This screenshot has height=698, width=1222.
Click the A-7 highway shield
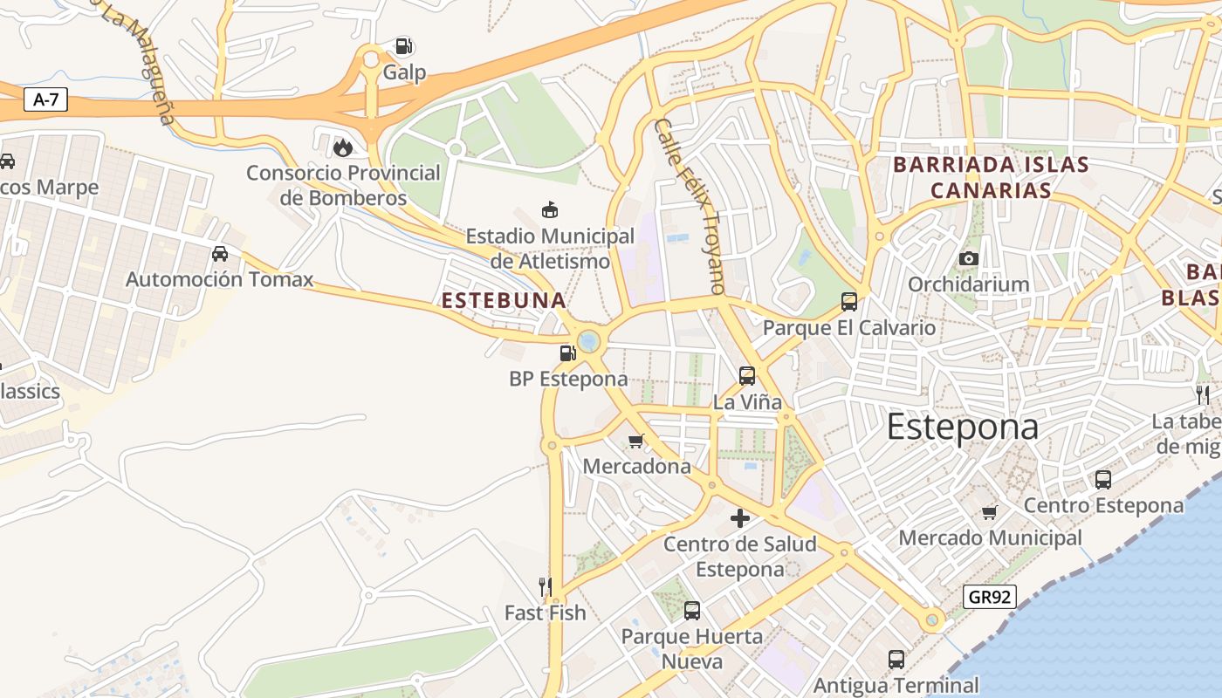[45, 100]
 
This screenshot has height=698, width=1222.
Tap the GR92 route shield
[991, 597]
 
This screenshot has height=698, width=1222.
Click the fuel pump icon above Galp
[403, 46]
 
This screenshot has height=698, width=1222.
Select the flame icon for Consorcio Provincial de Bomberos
[343, 147]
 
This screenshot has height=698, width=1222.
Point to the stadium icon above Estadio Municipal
[550, 209]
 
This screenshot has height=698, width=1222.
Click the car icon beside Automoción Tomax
[220, 254]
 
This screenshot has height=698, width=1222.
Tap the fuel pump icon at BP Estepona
[568, 352]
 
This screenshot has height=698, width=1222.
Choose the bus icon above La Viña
[747, 376]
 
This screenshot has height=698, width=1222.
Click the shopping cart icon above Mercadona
[636, 441]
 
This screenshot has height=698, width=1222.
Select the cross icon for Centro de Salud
[740, 518]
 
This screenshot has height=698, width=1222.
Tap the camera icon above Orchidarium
[968, 258]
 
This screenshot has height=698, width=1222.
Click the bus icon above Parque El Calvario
[848, 302]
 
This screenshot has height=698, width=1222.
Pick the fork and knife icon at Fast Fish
[546, 586]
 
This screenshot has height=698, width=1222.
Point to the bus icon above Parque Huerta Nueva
[692, 611]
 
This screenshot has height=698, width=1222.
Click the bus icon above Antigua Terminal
[896, 660]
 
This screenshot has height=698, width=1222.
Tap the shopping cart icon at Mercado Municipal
[989, 512]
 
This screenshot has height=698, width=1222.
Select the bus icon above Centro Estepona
[1103, 479]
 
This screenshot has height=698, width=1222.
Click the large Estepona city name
[963, 428]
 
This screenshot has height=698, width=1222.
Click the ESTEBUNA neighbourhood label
[504, 301]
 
